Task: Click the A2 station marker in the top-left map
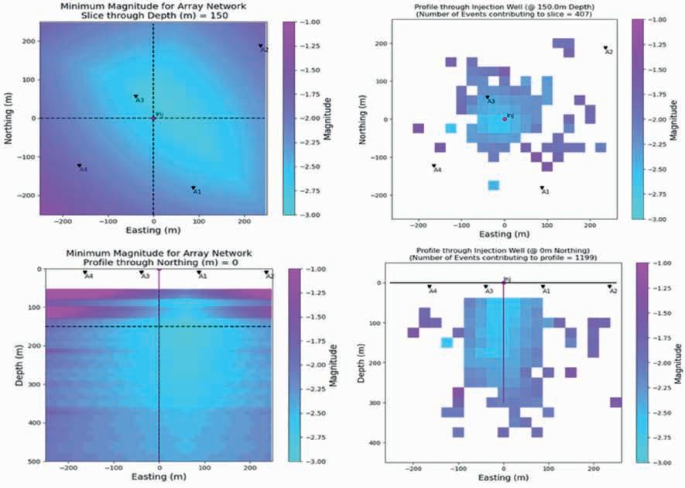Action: coord(261,46)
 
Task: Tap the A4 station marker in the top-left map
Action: coord(79,166)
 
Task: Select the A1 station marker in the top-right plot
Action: coord(542,187)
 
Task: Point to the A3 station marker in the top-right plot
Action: coord(487,98)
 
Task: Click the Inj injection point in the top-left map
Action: coord(153,118)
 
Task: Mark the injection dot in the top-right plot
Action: coord(505,119)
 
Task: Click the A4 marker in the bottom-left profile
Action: coord(85,273)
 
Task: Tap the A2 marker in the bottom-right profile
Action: coord(609,287)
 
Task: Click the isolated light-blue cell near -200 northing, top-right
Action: coord(494,184)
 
